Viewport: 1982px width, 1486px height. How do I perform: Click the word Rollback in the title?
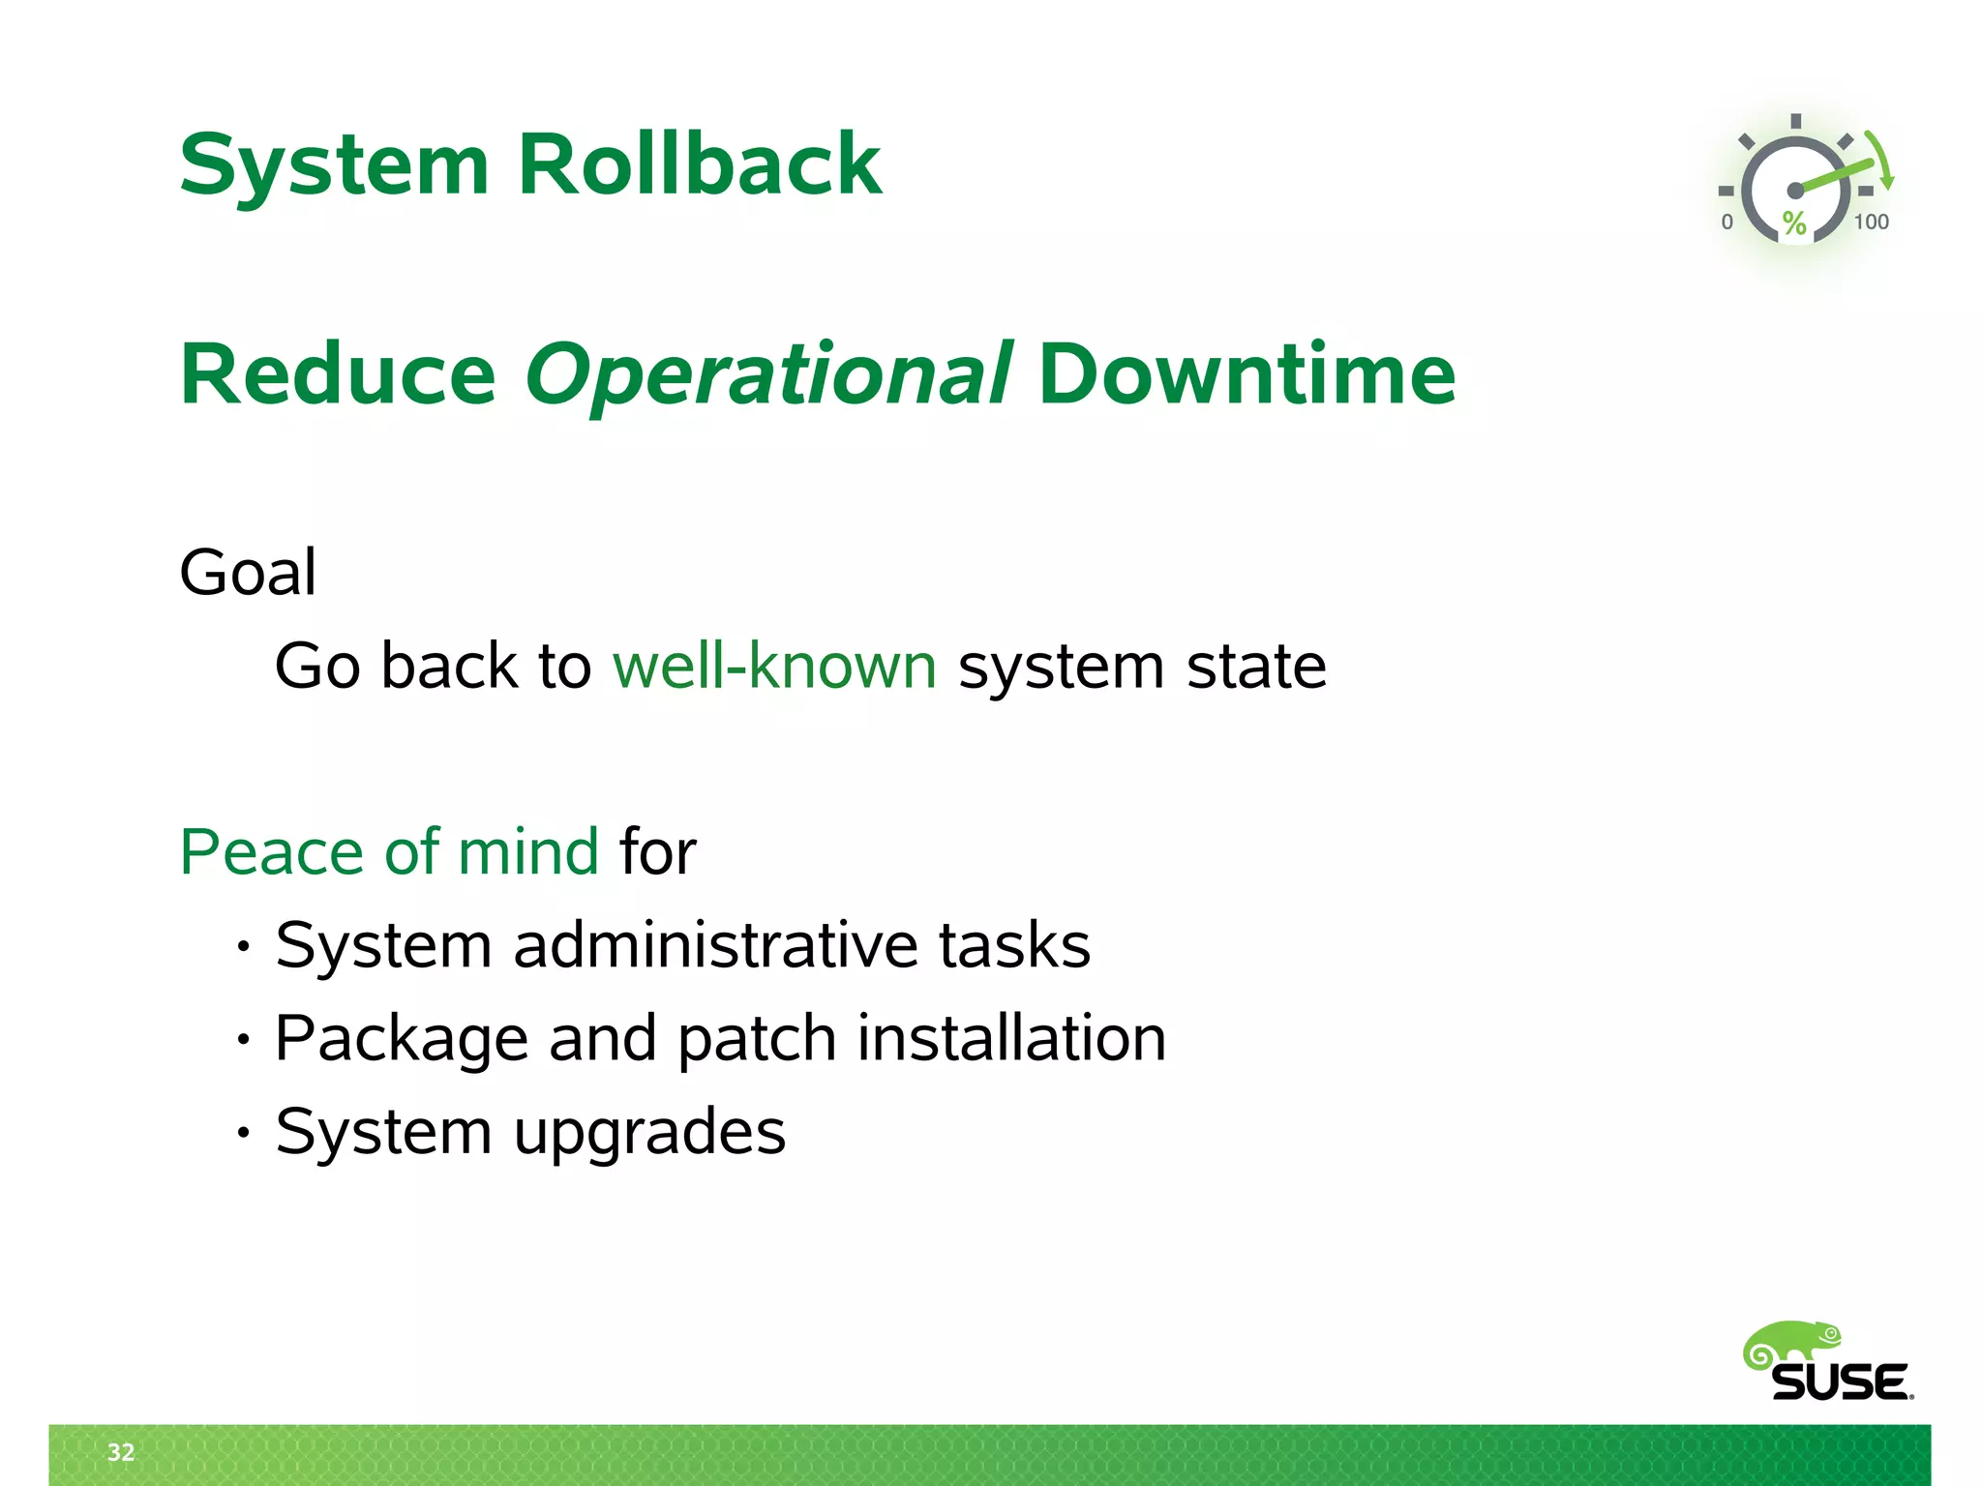(699, 164)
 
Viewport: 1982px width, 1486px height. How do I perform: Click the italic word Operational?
(768, 375)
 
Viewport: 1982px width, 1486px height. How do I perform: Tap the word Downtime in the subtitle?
(1246, 375)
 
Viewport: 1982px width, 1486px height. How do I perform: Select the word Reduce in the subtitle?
(338, 375)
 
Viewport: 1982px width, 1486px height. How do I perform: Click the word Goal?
(248, 573)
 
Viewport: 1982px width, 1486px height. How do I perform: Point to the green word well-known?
(774, 667)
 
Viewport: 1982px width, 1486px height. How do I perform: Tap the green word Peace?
(271, 852)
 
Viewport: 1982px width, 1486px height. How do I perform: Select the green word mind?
(528, 852)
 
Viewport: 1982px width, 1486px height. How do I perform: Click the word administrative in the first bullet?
(714, 945)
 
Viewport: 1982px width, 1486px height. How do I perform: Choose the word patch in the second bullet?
(756, 1039)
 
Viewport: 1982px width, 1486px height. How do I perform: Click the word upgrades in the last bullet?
(649, 1132)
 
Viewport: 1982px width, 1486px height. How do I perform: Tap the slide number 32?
(121, 1452)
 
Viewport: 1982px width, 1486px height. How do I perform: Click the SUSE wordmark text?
(1840, 1382)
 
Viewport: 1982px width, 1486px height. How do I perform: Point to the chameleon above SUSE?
(1791, 1344)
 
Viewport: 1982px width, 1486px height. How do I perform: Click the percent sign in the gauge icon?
(1794, 223)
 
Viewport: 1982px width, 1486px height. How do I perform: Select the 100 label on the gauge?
(1871, 223)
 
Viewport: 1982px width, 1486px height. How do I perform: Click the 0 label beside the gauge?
(1727, 223)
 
